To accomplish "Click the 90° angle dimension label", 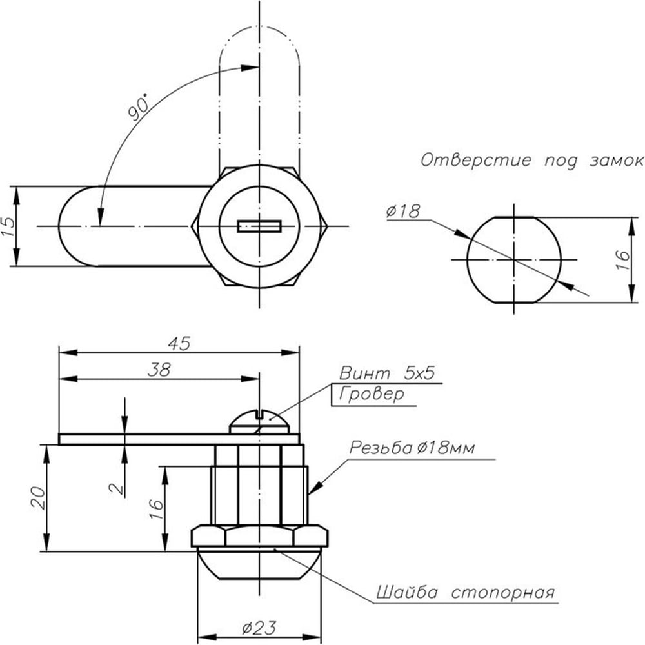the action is coord(138,107).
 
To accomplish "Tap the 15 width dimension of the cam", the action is coord(8,226).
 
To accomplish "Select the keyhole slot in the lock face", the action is coord(259,226).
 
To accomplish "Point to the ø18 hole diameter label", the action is coord(403,212).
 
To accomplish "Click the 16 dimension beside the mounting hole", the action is coord(624,260).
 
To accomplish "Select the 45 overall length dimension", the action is coord(180,344).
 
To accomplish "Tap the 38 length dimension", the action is coord(159,370).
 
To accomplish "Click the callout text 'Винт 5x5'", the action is coord(387,373).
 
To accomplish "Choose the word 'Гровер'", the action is coord(372,395).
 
